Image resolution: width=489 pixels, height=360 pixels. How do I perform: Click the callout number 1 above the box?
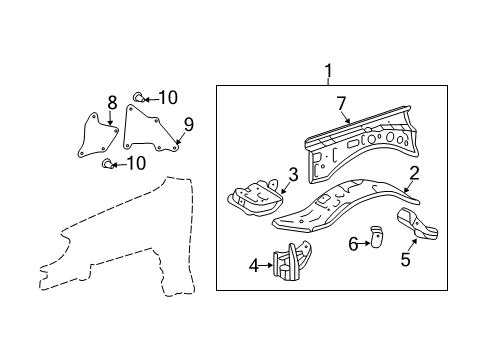coord(327,71)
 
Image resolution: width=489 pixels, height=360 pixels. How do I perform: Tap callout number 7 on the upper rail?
coord(341,103)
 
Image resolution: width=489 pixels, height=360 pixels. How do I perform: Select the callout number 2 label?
coord(412,172)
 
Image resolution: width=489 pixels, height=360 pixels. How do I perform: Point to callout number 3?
coord(292,174)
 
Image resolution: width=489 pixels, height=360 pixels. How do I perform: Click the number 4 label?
coord(253,265)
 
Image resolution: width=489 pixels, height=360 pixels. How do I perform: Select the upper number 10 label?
coord(167,97)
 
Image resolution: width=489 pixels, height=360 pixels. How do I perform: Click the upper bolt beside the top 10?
coord(141,97)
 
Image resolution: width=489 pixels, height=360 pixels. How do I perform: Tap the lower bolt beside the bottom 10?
coord(107,163)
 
